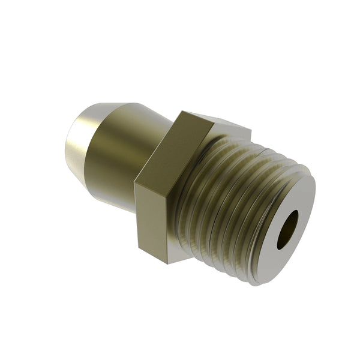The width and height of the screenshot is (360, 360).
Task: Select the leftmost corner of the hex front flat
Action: pos(135,183)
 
